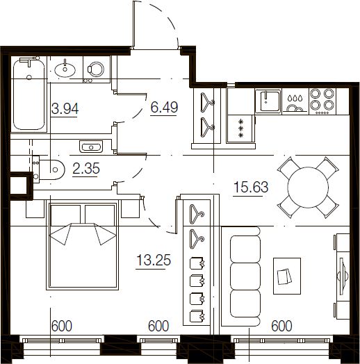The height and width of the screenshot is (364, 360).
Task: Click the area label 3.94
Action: (65, 108)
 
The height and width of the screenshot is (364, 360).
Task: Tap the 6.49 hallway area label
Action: (164, 107)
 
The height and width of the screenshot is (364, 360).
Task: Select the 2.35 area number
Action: (86, 168)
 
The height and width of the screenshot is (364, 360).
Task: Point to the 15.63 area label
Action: (251, 187)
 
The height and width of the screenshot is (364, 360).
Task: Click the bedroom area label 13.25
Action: (154, 260)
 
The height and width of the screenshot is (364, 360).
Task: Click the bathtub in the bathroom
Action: (29, 94)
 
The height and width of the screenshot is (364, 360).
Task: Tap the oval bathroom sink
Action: (65, 69)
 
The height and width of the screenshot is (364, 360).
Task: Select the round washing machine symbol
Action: (96, 69)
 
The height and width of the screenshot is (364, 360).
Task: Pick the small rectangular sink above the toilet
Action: (91, 147)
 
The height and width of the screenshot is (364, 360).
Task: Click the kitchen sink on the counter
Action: (268, 101)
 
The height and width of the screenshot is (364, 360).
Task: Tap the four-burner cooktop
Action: (322, 101)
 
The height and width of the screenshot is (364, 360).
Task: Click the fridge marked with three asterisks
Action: (241, 128)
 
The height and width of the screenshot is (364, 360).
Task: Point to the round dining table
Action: (308, 187)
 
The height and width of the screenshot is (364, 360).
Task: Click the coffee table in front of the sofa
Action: (287, 276)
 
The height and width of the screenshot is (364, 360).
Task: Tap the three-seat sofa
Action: (241, 276)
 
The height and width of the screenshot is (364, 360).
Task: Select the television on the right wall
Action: (343, 276)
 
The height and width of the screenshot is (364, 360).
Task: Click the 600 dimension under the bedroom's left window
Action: (62, 326)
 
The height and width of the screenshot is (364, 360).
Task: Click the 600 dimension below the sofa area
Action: (281, 326)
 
